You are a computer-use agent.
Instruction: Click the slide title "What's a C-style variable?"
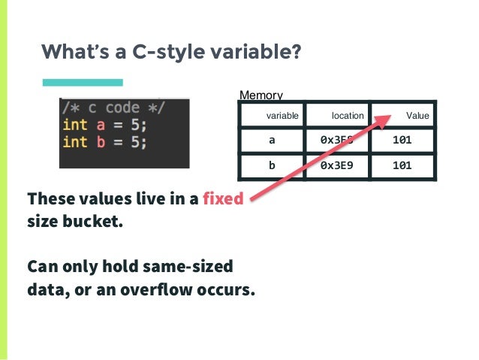[x=171, y=52]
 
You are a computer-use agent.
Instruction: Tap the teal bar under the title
[x=82, y=82]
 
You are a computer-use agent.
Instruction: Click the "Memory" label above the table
[x=261, y=95]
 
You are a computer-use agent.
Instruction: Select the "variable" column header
[x=282, y=116]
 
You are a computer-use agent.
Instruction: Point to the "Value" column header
[x=417, y=116]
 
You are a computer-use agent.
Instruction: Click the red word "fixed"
[x=223, y=200]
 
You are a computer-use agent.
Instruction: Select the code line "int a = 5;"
[x=104, y=124]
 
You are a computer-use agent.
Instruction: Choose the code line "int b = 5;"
[x=104, y=141]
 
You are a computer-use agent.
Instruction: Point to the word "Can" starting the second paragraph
[x=41, y=266]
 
